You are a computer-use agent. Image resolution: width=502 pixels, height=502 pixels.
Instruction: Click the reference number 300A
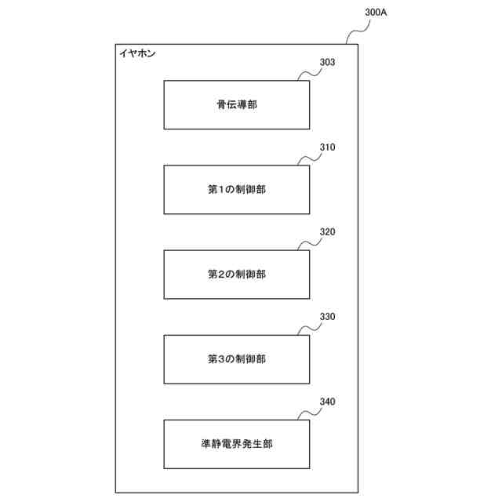pyautogui.click(x=377, y=13)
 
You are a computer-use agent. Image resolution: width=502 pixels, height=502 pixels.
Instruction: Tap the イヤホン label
pyautogui.click(x=137, y=54)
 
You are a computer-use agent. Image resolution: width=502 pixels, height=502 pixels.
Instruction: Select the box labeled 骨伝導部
pyautogui.click(x=236, y=104)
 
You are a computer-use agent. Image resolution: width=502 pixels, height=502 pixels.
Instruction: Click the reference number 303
pyautogui.click(x=328, y=62)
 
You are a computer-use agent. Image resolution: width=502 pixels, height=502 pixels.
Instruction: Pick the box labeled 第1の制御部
pyautogui.click(x=236, y=189)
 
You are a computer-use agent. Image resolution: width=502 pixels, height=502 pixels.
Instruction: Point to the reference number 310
pyautogui.click(x=328, y=147)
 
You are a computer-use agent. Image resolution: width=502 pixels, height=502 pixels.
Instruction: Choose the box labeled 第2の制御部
pyautogui.click(x=236, y=274)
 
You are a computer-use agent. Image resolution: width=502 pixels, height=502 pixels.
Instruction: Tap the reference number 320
pyautogui.click(x=328, y=232)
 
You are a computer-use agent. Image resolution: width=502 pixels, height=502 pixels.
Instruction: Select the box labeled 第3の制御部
pyautogui.click(x=236, y=359)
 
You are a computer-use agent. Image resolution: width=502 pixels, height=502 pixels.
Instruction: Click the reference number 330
pyautogui.click(x=328, y=317)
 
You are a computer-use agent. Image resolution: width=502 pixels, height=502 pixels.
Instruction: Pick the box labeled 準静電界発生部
pyautogui.click(x=236, y=444)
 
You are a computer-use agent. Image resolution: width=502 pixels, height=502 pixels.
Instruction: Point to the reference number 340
pyautogui.click(x=328, y=402)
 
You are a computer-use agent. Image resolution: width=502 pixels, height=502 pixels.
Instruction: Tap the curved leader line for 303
pyautogui.click(x=309, y=74)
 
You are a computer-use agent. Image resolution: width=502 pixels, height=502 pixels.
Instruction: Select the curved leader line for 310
pyautogui.click(x=309, y=159)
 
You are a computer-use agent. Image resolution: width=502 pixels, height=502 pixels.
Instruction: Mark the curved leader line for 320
pyautogui.click(x=309, y=244)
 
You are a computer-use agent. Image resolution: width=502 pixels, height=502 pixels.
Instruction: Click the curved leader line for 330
pyautogui.click(x=309, y=329)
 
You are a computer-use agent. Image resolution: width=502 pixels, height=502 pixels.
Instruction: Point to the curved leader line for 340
pyautogui.click(x=309, y=413)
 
